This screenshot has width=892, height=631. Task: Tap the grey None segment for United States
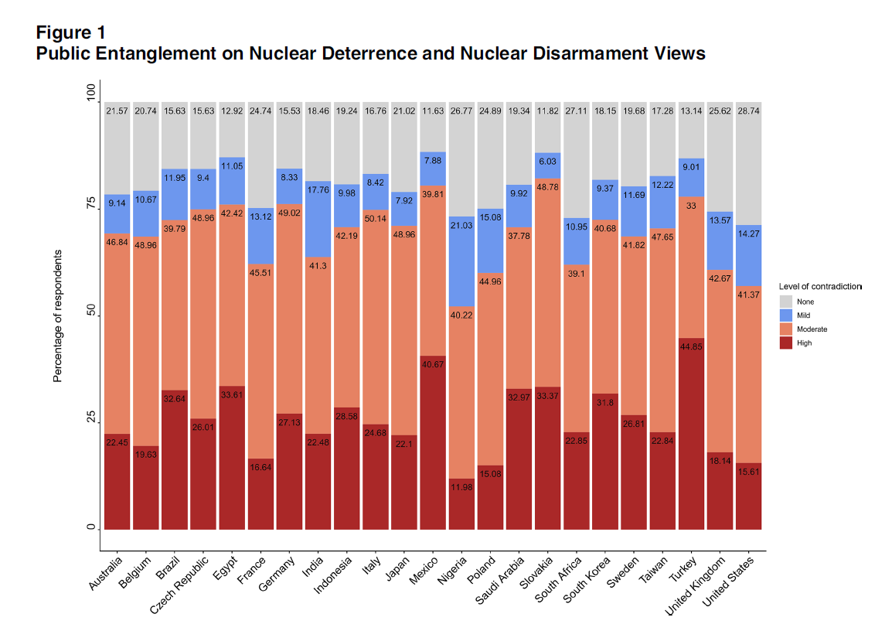748,163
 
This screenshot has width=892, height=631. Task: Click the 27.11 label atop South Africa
576,111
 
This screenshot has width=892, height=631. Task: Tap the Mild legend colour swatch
785,315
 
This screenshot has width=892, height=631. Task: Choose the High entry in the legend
804,343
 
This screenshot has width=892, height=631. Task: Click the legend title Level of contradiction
819,286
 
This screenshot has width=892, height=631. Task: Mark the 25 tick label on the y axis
90,418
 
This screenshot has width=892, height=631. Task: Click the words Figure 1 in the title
71,32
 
